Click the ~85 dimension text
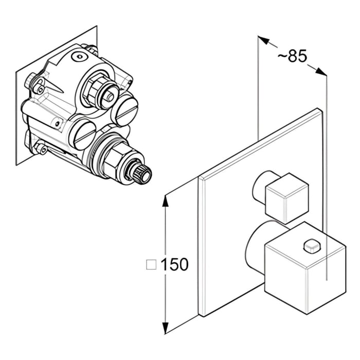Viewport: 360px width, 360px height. click(292, 56)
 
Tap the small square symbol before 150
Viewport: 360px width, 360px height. click(151, 265)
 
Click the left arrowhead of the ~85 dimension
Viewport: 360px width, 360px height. click(263, 40)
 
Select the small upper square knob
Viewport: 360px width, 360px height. click(285, 198)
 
